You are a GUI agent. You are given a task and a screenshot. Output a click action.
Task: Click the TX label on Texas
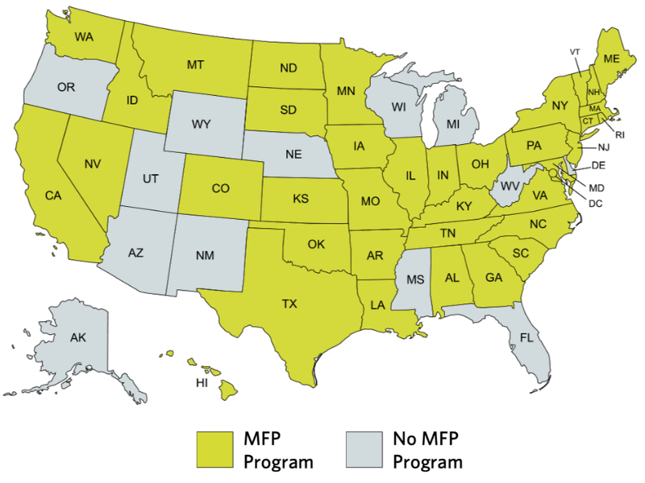(289, 304)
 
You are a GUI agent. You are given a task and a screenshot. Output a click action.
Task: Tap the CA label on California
(53, 196)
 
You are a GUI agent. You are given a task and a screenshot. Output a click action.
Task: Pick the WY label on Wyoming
(202, 125)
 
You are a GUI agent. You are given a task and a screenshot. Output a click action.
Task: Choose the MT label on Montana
(195, 64)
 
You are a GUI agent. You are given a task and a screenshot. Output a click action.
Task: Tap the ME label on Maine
(611, 58)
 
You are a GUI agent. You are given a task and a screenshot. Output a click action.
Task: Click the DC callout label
(596, 203)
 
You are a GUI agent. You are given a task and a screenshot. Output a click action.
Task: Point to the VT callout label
(575, 52)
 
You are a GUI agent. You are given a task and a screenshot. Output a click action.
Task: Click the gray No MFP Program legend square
(363, 448)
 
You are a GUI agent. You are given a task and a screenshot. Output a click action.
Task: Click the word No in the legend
(406, 440)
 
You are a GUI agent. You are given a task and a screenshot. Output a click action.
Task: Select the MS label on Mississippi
(414, 280)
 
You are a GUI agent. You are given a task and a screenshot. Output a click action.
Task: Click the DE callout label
(598, 166)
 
